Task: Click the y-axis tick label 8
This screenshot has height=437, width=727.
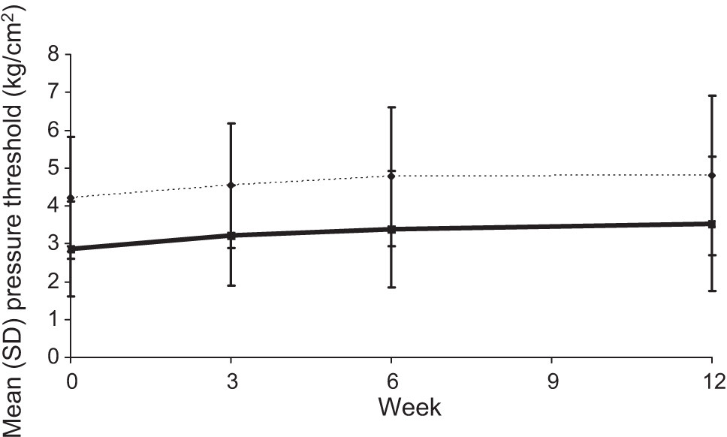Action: [53, 55]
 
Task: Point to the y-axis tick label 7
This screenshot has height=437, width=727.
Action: [53, 93]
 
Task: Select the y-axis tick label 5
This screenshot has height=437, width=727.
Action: [53, 169]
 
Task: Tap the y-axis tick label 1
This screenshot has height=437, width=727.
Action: [53, 321]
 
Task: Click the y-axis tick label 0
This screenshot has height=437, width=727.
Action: [53, 358]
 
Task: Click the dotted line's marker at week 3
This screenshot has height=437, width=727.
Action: [231, 185]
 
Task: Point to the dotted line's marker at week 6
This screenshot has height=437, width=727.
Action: [391, 176]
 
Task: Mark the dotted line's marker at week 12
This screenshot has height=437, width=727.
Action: [711, 176]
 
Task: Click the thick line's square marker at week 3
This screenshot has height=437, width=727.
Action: [231, 236]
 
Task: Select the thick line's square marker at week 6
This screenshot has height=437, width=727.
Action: [391, 229]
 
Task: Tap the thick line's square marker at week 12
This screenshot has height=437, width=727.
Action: [711, 224]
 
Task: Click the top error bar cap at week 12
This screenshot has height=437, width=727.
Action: [711, 95]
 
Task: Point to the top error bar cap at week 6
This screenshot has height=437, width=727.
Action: [391, 107]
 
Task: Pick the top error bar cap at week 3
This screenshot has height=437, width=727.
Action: [231, 123]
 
